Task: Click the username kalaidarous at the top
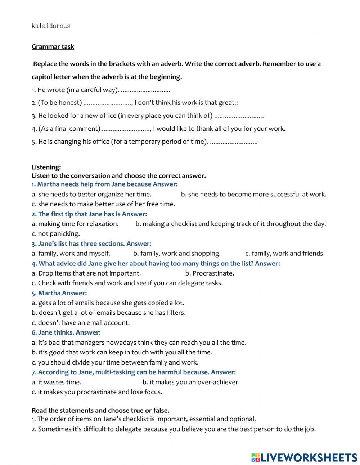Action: pos(51,26)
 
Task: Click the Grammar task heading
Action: pos(53,46)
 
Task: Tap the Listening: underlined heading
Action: pos(46,167)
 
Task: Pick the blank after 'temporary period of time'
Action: pos(234,142)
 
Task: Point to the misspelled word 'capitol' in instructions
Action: pos(42,77)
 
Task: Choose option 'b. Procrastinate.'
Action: pos(210,273)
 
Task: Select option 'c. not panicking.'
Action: pos(56,233)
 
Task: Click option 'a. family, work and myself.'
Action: pos(71,253)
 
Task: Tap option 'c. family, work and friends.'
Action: pos(285,253)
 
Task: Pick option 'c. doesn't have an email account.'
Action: pos(81,323)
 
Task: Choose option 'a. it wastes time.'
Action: pos(57,382)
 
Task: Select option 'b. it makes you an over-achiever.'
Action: pos(191,382)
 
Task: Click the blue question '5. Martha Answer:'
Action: pos(59,293)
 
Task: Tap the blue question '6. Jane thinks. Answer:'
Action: pos(66,332)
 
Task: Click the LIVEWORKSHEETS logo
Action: pos(304,457)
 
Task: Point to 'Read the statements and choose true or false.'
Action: pos(100,410)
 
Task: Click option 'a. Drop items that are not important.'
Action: pos(86,273)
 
